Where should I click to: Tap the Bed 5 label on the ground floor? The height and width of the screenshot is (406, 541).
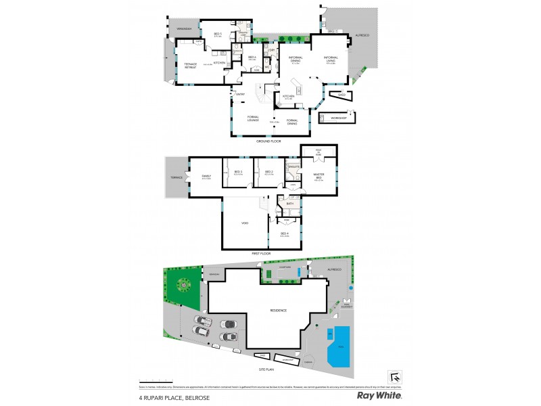click(x=218, y=34)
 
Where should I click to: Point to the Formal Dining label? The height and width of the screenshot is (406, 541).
click(x=292, y=122)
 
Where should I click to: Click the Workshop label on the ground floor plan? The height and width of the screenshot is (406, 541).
click(x=338, y=118)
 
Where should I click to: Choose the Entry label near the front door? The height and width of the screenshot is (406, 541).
click(x=240, y=94)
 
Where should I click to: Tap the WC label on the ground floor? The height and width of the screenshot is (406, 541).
click(x=268, y=66)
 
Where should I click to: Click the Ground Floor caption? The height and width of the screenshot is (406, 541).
click(x=268, y=141)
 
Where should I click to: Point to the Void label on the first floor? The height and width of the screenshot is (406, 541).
click(x=244, y=223)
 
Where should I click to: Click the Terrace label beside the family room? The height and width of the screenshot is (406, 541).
click(x=177, y=177)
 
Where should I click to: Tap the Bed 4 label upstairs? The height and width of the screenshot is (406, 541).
click(x=285, y=235)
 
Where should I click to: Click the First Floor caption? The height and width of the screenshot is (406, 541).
click(x=270, y=255)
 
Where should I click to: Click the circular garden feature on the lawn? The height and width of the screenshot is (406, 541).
click(x=183, y=286)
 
